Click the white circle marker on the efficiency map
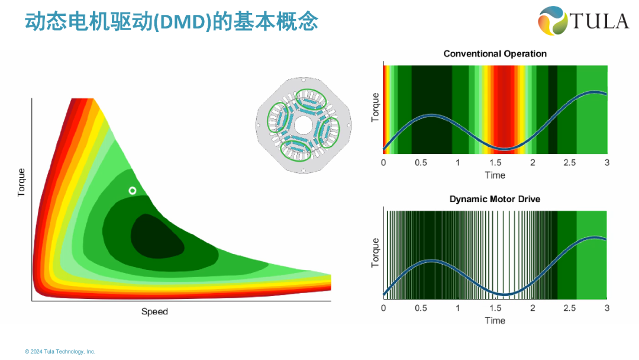pos(133,190)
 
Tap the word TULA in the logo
pos(599,21)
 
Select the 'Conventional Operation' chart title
pos(495,54)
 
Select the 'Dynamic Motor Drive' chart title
pos(495,200)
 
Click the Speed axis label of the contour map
pos(154,311)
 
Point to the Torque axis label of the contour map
pos(22,182)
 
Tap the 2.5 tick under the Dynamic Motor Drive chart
pos(570,308)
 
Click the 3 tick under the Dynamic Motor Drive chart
pos(606,308)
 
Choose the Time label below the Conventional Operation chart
pos(495,175)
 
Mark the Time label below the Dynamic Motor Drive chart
pos(495,320)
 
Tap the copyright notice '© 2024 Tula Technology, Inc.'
pos(60,351)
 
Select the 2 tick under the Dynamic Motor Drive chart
pos(532,308)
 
